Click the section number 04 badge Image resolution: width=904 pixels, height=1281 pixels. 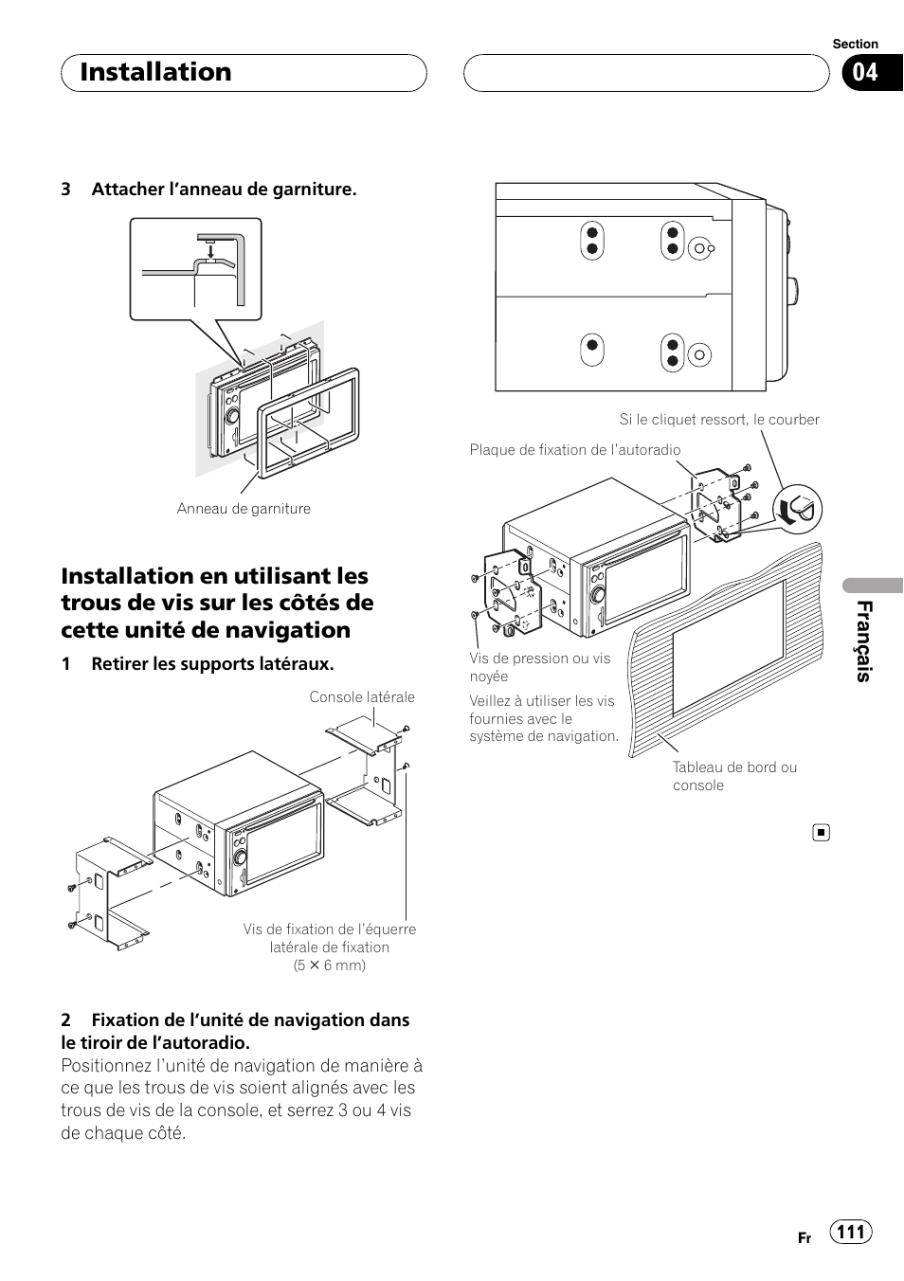864,73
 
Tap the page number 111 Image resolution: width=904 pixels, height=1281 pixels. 851,1232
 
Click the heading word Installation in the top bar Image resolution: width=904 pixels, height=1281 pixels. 156,72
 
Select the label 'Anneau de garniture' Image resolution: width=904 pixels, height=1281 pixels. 244,509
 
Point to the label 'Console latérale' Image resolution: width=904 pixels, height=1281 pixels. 362,697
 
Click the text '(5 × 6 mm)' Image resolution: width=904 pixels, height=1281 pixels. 329,965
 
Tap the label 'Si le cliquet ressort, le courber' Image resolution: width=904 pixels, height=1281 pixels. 719,420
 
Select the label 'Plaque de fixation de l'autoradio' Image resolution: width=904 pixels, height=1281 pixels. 575,450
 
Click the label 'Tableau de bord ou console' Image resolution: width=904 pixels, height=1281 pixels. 734,776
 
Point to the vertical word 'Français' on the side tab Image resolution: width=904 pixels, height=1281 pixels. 863,641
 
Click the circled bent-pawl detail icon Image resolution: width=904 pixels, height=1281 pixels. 798,510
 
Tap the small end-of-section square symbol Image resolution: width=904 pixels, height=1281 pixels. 821,833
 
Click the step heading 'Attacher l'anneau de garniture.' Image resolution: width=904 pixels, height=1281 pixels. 224,189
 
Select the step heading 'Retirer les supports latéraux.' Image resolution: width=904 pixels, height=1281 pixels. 212,664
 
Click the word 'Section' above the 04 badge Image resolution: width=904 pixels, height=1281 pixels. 855,44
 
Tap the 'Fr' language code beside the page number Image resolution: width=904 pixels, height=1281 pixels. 805,1238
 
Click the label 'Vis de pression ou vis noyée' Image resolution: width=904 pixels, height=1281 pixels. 540,667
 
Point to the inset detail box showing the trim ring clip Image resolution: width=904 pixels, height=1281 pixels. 195,268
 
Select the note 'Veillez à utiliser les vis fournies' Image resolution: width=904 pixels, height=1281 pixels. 544,718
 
